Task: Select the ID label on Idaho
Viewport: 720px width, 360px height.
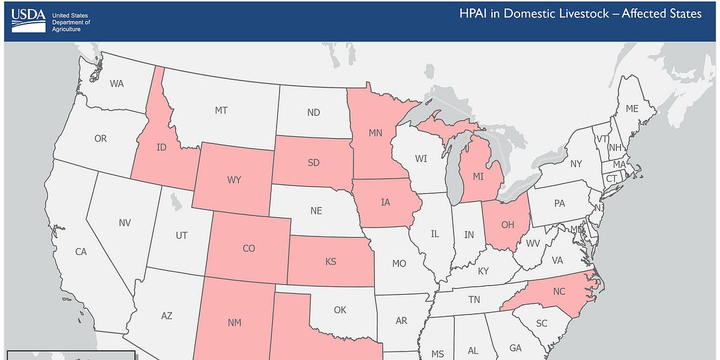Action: point(161,148)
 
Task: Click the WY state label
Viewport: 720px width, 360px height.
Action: point(235,179)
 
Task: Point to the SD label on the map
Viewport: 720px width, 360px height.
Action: point(313,163)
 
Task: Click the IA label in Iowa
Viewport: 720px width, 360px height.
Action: point(385,202)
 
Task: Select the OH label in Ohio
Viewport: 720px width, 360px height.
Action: point(508,225)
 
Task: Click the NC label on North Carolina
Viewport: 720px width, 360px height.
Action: point(559,292)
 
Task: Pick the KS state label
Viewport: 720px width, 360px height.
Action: point(331,262)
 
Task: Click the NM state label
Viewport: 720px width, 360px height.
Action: point(235,323)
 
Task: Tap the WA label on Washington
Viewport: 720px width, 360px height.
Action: point(116,83)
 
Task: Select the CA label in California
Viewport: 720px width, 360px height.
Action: point(81,252)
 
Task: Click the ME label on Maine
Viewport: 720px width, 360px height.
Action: point(632,109)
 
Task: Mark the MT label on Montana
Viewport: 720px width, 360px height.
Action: point(221,110)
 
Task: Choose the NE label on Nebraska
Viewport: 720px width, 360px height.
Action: point(316,211)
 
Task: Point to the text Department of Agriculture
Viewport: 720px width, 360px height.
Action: point(71,25)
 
